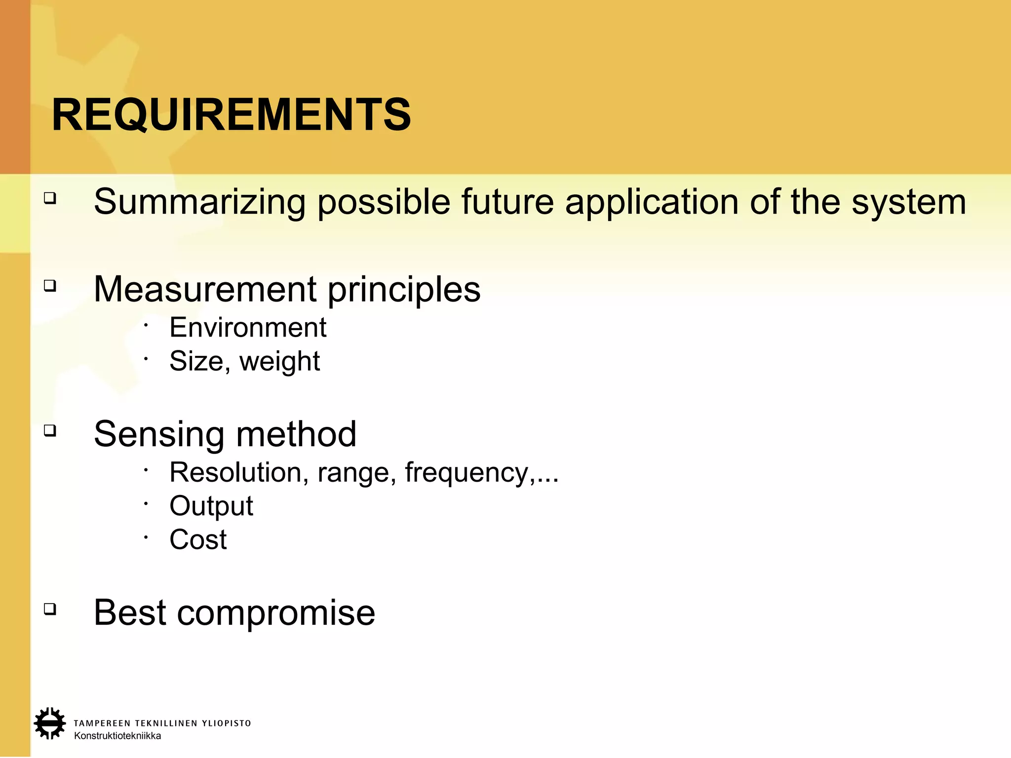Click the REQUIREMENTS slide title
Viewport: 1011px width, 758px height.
(x=231, y=115)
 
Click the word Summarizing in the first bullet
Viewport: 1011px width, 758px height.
(x=199, y=202)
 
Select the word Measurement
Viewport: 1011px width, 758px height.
(x=205, y=289)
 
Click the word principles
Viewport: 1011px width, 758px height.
(x=404, y=290)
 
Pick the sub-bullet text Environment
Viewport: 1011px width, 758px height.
(x=248, y=328)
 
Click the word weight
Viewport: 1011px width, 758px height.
(x=279, y=362)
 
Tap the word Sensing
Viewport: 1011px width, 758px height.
(x=159, y=435)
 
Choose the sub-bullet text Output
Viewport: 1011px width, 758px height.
(x=211, y=506)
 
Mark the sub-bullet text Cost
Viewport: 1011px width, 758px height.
(x=198, y=540)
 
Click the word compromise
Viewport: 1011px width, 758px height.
(x=276, y=613)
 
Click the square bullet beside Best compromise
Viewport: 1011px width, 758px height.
(x=50, y=609)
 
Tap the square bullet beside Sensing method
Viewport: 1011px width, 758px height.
(x=50, y=430)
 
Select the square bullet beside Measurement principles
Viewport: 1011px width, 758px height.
(x=50, y=285)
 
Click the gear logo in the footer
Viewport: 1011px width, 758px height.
(x=49, y=723)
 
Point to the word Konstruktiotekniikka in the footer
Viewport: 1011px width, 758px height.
(x=117, y=736)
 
